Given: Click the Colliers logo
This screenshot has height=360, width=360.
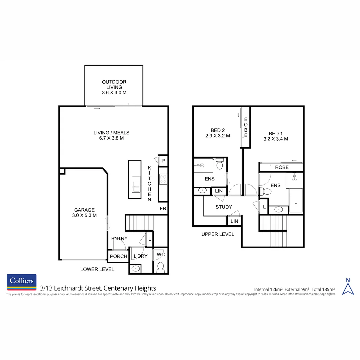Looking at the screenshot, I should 22,282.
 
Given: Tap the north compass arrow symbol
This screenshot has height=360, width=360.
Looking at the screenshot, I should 348,287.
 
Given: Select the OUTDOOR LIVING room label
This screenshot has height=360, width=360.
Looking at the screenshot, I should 114,87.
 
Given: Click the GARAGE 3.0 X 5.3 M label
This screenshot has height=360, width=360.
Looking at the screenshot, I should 84,213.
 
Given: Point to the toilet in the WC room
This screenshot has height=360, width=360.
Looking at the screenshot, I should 160,267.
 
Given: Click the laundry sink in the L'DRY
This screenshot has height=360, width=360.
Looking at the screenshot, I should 136,268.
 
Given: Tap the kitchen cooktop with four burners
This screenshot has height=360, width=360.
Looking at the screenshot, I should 163,180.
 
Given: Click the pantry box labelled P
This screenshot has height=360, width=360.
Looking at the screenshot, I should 163,161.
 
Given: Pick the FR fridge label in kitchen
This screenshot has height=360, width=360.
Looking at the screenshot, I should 163,209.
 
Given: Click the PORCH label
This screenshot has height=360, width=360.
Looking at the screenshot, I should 118,256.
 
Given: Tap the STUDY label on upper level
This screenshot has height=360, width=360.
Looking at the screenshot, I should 223,207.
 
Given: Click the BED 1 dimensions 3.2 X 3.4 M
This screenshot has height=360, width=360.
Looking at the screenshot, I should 275,139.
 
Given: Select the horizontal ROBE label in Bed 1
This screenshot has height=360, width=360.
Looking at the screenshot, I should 282,167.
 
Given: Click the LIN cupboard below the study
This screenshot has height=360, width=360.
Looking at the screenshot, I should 234,221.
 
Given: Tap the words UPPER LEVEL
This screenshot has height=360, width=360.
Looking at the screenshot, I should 218,234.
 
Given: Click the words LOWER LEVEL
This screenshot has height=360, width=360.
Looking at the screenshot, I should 97,269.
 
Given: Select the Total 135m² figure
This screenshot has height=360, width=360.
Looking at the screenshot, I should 323,289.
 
